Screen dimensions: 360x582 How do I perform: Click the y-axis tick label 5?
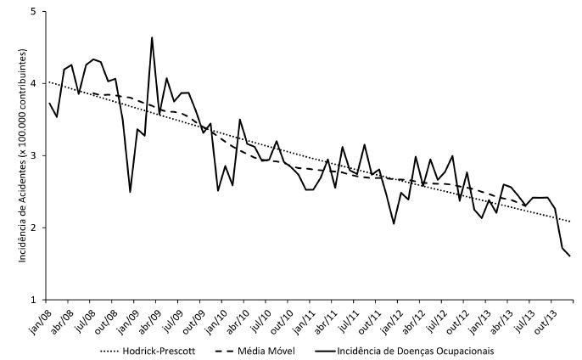(34, 12)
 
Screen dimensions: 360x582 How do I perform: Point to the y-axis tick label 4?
(34, 84)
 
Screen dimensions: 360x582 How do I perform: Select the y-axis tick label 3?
(34, 156)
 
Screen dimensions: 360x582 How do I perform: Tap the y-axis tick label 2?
(34, 228)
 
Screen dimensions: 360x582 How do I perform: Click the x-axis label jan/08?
(38, 318)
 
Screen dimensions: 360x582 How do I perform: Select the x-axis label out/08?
(104, 318)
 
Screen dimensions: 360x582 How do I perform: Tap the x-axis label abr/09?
(148, 318)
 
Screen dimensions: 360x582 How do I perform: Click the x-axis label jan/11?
(303, 318)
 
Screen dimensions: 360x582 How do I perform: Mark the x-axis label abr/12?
(413, 318)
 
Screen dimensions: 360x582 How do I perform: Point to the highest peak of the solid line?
(152, 37)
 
